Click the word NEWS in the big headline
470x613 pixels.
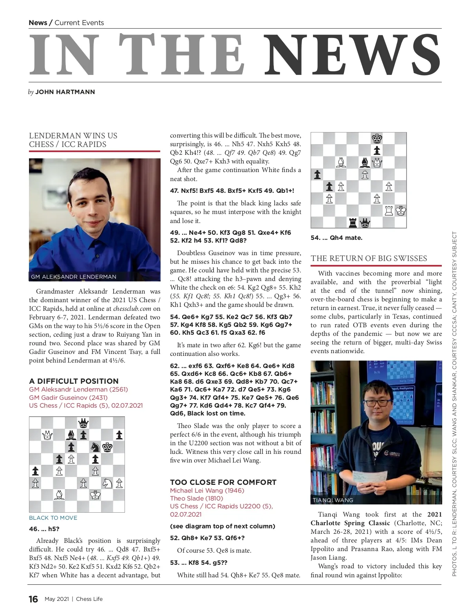tap(352, 55)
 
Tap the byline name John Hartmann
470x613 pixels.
tap(65, 92)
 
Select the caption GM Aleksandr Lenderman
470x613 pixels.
tap(74, 277)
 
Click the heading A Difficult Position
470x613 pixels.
tap(74, 381)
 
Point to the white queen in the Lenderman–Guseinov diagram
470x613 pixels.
tap(47, 435)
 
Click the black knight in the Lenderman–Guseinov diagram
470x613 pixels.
tap(95, 447)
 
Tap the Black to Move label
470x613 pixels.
tap(53, 518)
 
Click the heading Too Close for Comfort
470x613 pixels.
tap(223, 482)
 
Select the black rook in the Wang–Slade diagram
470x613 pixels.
tap(353, 223)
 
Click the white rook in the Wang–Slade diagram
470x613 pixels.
tap(389, 211)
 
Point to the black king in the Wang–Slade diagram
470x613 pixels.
tap(377, 138)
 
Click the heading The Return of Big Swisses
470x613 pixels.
tap(369, 258)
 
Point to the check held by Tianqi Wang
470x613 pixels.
tap(368, 481)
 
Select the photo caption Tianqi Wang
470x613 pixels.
tap(333, 500)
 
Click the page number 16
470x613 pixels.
tap(33, 599)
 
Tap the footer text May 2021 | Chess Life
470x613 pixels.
tap(74, 599)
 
